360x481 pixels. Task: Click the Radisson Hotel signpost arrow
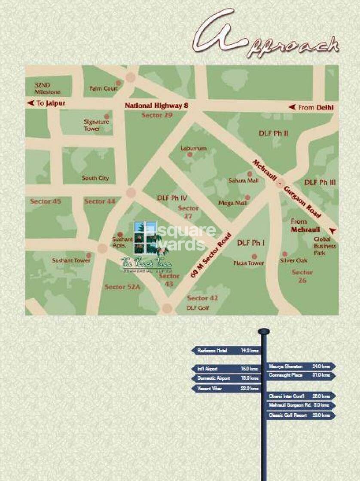pyautogui.click(x=226, y=351)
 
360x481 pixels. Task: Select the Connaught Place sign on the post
pyautogui.click(x=301, y=375)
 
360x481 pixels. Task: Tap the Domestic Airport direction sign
pyautogui.click(x=226, y=379)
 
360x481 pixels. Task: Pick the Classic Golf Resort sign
pyautogui.click(x=301, y=415)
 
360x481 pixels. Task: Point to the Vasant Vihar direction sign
pyautogui.click(x=226, y=388)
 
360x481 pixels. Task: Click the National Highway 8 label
pyautogui.click(x=156, y=106)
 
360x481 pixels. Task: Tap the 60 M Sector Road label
pyautogui.click(x=211, y=256)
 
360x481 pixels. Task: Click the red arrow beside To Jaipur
pyautogui.click(x=30, y=103)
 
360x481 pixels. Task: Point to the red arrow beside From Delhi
pyautogui.click(x=292, y=107)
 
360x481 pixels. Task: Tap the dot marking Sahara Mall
pyautogui.click(x=250, y=174)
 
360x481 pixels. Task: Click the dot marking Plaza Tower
pyautogui.click(x=254, y=257)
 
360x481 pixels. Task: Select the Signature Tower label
pyautogui.click(x=96, y=125)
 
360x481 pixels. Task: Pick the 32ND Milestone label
pyautogui.click(x=47, y=89)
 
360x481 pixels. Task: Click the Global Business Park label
pyautogui.click(x=325, y=246)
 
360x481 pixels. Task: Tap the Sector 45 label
pyautogui.click(x=46, y=201)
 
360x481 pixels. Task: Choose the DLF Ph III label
pyautogui.click(x=320, y=182)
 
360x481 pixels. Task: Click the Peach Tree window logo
pyautogui.click(x=146, y=238)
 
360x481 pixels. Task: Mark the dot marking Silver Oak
pyautogui.click(x=284, y=254)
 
